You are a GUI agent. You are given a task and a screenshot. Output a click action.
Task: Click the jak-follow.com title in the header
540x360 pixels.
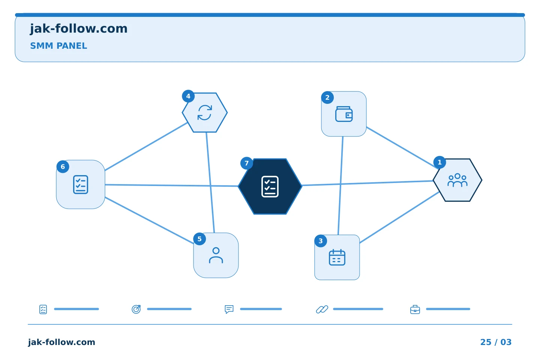[x=79, y=29]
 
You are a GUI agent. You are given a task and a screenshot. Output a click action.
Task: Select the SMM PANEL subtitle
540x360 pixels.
[x=58, y=46]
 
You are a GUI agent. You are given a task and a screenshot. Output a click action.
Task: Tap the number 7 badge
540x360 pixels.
[x=246, y=163]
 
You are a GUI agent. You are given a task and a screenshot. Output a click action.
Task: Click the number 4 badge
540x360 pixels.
[x=188, y=96]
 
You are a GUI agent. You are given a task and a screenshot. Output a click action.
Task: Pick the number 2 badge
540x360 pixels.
[x=327, y=97]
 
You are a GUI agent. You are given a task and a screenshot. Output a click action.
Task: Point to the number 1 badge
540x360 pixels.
[x=439, y=162]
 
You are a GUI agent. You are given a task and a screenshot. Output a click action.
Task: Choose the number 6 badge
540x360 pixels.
[x=63, y=166]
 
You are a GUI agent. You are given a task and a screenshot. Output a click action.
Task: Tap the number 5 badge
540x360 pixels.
[x=199, y=239]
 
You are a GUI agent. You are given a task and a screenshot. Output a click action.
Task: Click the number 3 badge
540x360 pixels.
[x=320, y=241]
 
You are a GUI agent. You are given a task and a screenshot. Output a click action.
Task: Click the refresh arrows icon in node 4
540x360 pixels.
[x=205, y=112]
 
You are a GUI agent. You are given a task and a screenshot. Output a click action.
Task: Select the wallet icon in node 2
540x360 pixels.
[x=344, y=114]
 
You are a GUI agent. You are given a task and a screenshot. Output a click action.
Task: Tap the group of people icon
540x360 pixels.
[x=457, y=180]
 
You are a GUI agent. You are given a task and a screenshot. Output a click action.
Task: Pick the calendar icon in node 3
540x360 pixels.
[x=337, y=257]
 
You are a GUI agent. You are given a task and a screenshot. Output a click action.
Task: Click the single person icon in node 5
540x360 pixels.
[x=216, y=255]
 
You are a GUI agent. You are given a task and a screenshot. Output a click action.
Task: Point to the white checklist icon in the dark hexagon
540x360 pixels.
[x=270, y=187]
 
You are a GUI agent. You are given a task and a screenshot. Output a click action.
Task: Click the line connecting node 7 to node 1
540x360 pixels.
[x=367, y=183]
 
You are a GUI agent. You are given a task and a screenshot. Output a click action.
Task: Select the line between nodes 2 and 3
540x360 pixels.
[x=340, y=186]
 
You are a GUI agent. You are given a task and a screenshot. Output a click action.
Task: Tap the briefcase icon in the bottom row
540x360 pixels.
[x=415, y=309]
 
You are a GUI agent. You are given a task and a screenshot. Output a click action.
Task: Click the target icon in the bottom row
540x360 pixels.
[x=136, y=309]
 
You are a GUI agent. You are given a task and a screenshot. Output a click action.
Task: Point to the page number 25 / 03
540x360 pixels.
[x=496, y=342]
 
